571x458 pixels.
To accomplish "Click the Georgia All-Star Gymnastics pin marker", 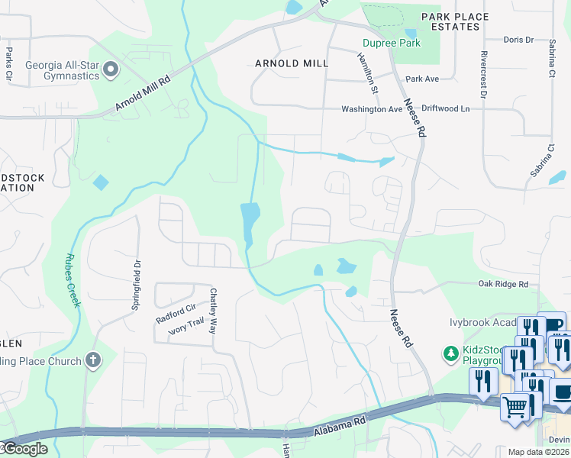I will click(110, 70).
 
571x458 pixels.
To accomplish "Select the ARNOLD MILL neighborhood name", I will click(291, 63).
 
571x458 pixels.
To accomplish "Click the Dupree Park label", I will click(392, 43).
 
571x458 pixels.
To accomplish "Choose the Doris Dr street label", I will click(521, 40).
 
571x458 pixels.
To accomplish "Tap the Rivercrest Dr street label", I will click(483, 76).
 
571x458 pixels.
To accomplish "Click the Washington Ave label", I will click(371, 109).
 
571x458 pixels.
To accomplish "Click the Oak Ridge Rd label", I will click(503, 284).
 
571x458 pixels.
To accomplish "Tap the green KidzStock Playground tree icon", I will click(450, 353).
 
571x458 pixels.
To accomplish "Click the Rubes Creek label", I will click(73, 280).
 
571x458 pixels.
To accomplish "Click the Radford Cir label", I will click(176, 311).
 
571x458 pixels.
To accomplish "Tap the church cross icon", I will click(93, 360).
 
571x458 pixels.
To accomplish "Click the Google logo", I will click(24, 449).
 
